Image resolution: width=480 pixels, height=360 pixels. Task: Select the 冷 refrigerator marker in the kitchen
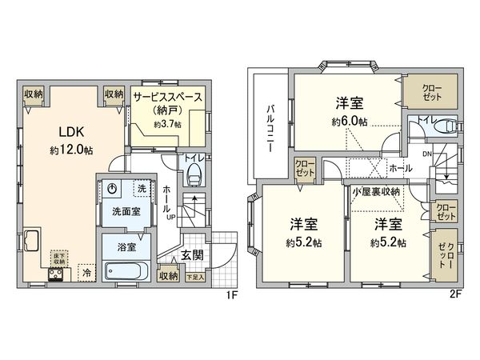pyautogui.click(x=86, y=273)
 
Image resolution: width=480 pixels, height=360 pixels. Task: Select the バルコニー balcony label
pyautogui.click(x=271, y=127)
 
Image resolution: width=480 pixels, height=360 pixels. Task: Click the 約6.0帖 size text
pyautogui.click(x=350, y=122)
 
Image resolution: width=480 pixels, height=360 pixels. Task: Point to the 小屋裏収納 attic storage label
pyautogui.click(x=378, y=192)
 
